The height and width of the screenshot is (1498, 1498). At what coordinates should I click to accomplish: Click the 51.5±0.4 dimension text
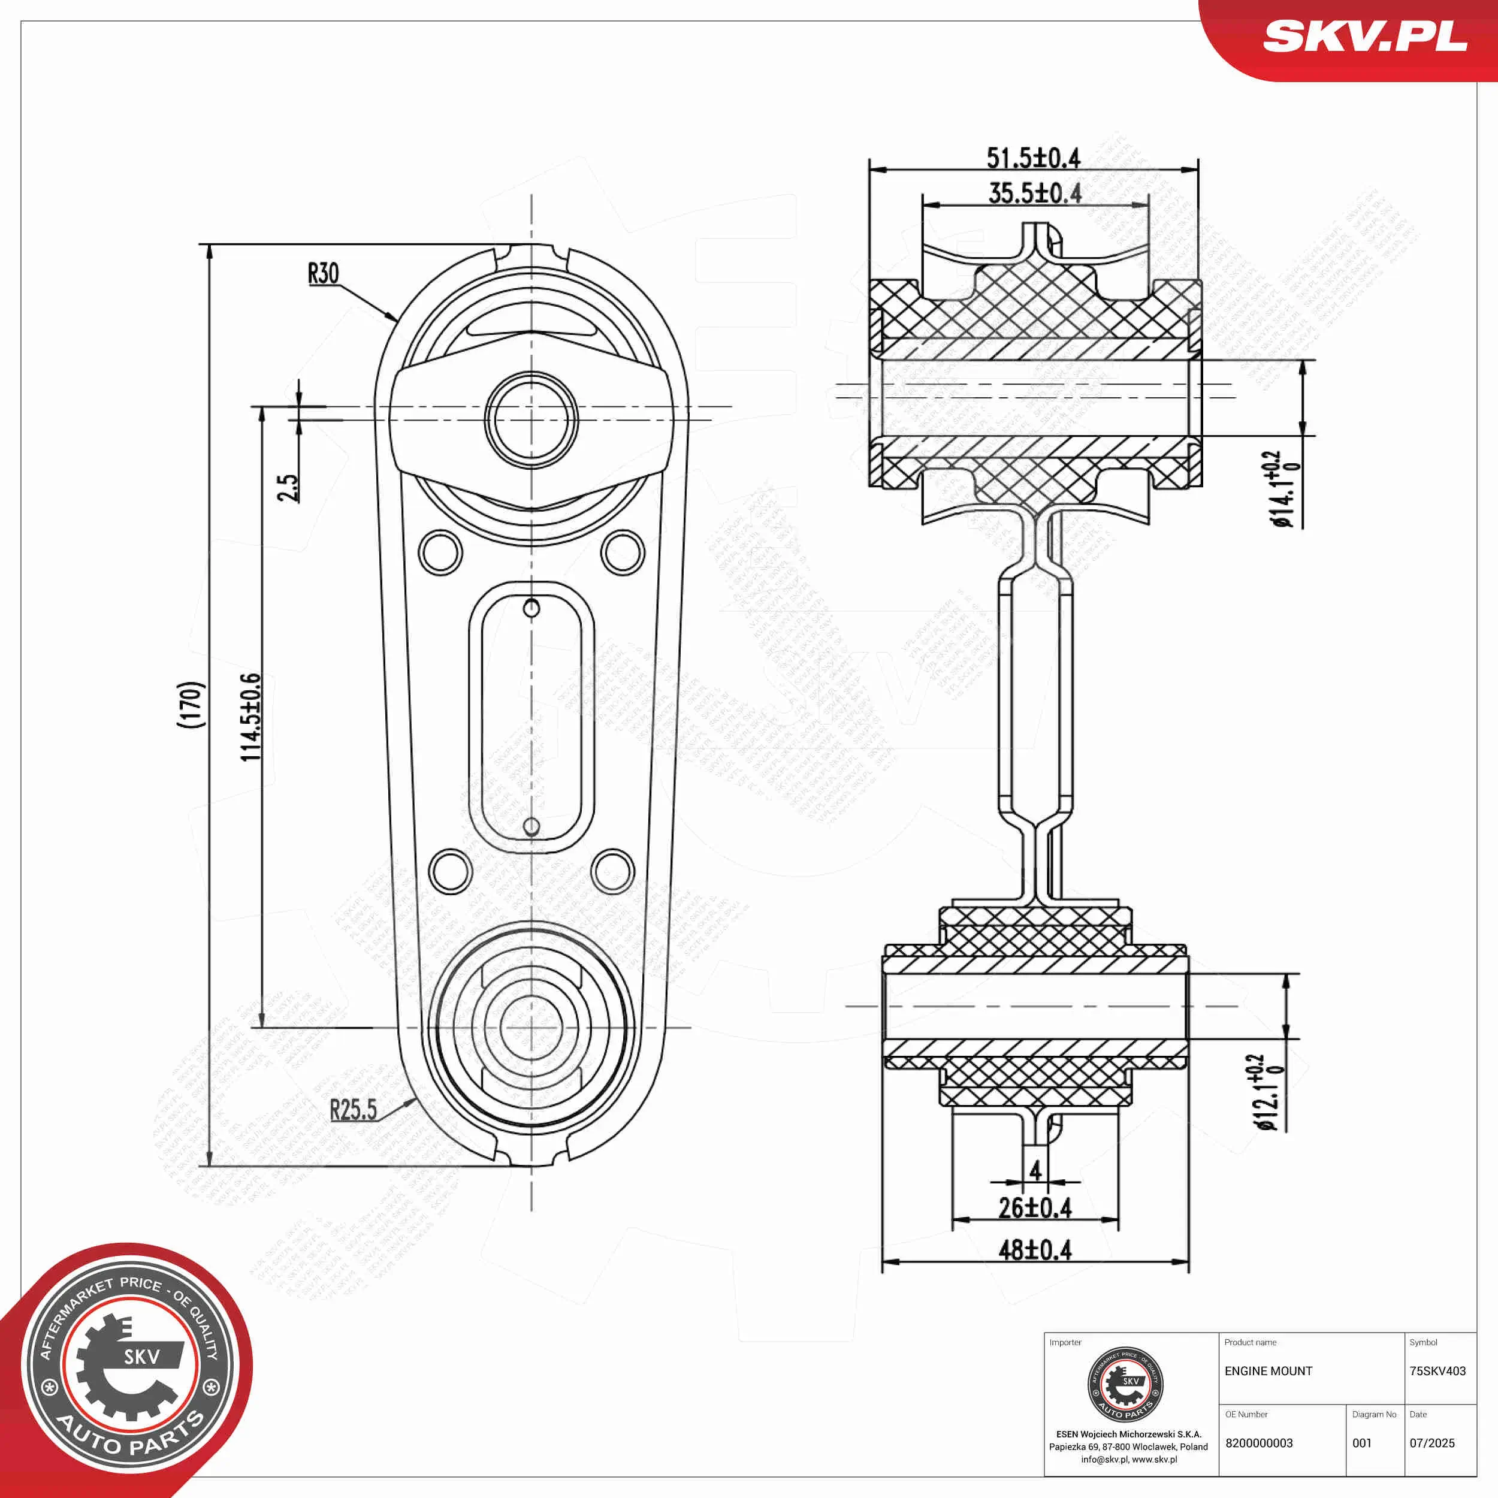pyautogui.click(x=1033, y=158)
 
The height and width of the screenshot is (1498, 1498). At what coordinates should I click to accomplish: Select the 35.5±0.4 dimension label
pyautogui.click(x=1034, y=193)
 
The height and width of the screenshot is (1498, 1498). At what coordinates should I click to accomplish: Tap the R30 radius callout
pyautogui.click(x=324, y=274)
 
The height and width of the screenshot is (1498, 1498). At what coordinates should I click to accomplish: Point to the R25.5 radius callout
pyautogui.click(x=353, y=1110)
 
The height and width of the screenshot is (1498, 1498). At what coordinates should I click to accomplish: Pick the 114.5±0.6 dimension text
pyautogui.click(x=250, y=717)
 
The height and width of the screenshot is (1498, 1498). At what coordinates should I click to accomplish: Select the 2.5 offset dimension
pyautogui.click(x=288, y=488)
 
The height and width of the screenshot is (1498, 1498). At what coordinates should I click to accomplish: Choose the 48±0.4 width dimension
pyautogui.click(x=1034, y=1250)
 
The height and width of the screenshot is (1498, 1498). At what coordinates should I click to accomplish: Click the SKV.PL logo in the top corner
pyautogui.click(x=1364, y=37)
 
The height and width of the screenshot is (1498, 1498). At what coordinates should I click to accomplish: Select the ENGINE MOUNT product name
pyautogui.click(x=1269, y=1371)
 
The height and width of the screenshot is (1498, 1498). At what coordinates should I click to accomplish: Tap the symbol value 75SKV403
pyautogui.click(x=1437, y=1371)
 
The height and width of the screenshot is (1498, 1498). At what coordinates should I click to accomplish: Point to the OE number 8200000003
pyautogui.click(x=1259, y=1443)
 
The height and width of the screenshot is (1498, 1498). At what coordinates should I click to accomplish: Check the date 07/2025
pyautogui.click(x=1432, y=1443)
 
